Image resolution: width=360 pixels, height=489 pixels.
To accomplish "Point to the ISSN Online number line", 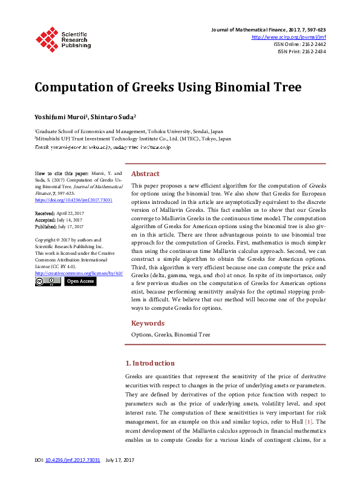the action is (x=299, y=44).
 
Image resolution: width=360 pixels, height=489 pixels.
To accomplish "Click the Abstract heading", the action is (x=145, y=173).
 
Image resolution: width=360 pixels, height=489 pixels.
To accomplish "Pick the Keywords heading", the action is (x=148, y=323).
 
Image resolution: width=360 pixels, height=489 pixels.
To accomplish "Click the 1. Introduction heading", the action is (x=149, y=363).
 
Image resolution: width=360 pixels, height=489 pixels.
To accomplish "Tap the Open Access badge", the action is (x=80, y=281).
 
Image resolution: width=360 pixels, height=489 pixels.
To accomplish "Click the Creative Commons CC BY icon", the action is (x=48, y=281).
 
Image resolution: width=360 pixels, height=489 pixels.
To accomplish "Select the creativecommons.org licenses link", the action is (x=79, y=273).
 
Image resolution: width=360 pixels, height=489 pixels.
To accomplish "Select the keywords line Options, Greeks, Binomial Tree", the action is (x=171, y=334).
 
